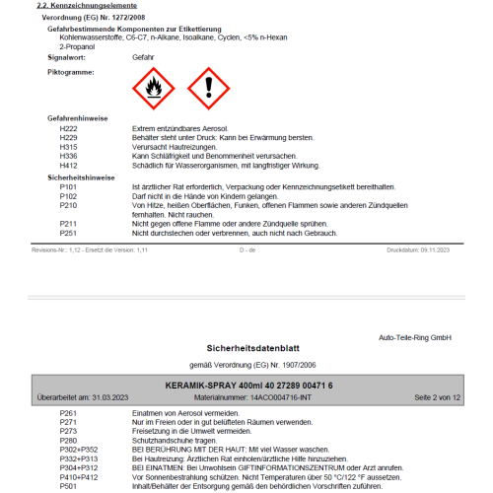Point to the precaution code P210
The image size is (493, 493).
68,205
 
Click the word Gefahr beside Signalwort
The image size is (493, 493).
143,58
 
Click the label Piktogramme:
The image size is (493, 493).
71,72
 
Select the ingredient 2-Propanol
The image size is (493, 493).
78,45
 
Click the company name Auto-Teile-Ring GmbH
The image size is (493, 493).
415,337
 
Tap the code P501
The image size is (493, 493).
68,486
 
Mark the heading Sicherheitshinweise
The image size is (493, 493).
82,176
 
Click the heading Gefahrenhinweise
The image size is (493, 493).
80,117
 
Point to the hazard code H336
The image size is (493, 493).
68,156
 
